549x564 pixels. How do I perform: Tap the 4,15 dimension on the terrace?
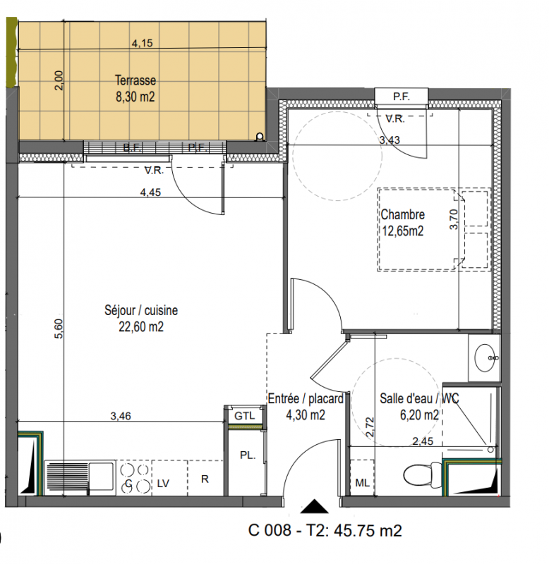click(143, 43)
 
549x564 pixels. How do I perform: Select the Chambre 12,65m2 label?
click(402, 223)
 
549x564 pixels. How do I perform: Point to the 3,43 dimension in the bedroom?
click(390, 140)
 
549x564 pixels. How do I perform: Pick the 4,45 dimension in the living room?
click(150, 192)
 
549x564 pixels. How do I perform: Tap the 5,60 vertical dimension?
click(59, 329)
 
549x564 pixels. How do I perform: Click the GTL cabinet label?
click(244, 416)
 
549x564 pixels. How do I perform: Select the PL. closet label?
click(248, 455)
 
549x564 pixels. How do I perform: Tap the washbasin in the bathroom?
click(485, 357)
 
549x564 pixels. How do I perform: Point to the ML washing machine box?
click(362, 478)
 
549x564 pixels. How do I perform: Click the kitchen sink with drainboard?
click(80, 478)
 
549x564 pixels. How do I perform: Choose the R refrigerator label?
click(205, 479)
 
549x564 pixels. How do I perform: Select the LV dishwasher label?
click(163, 484)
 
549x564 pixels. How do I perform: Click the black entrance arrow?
click(315, 505)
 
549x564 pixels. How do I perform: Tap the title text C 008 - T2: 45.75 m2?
click(325, 530)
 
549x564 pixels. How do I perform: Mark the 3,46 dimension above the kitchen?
click(121, 416)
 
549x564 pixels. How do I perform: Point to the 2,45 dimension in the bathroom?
click(423, 441)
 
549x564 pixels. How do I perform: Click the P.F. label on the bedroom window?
click(402, 97)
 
